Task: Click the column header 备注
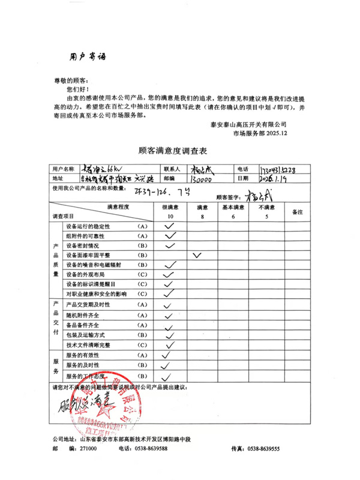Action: click(x=297, y=212)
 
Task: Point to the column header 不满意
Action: click(x=266, y=207)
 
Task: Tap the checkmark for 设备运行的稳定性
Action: click(x=170, y=226)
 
